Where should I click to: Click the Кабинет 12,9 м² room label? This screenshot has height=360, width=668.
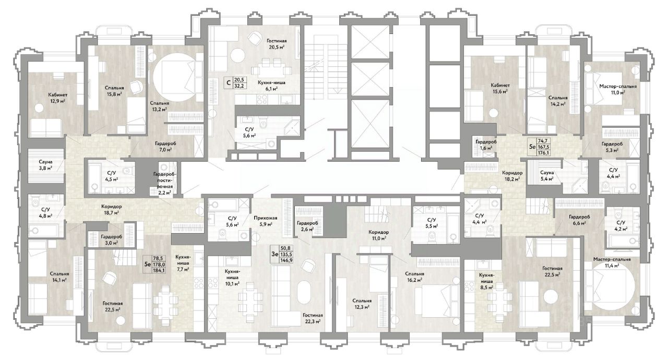(x=58, y=98)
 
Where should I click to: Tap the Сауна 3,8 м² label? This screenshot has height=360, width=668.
(x=45, y=165)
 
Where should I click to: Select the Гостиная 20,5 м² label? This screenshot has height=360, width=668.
(x=277, y=44)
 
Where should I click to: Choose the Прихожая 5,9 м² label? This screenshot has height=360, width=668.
(x=266, y=221)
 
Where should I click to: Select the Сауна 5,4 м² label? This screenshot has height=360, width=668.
(x=547, y=176)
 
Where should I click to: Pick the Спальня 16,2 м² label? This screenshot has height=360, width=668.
(x=414, y=277)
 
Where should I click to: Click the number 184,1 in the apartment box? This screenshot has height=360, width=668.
(x=159, y=271)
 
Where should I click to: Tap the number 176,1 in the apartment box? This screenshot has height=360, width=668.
(x=544, y=153)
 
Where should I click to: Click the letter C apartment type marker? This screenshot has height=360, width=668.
(x=229, y=82)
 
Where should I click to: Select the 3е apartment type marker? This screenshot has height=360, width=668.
(x=275, y=254)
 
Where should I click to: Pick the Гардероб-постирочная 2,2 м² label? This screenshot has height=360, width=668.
(x=164, y=183)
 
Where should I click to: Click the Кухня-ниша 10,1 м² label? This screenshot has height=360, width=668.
(x=233, y=278)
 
